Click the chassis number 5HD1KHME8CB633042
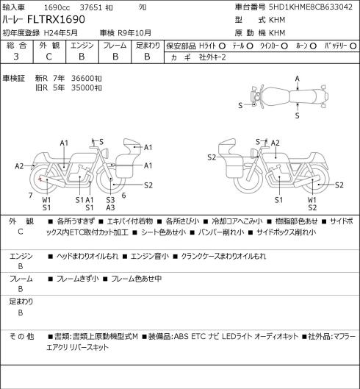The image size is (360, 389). pyautogui.click(x=311, y=7)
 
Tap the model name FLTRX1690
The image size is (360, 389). pyautogui.click(x=56, y=19)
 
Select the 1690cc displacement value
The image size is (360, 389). pyautogui.click(x=57, y=7)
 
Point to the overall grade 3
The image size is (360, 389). pyautogui.click(x=16, y=57)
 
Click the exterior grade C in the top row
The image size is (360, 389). pyautogui.click(x=48, y=57)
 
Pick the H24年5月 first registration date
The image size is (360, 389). pyautogui.click(x=61, y=33)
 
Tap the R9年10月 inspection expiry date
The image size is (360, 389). pyautogui.click(x=134, y=33)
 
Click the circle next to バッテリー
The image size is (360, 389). pyautogui.click(x=353, y=46)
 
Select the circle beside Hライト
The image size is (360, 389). pyautogui.click(x=222, y=46)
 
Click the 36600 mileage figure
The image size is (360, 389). pyautogui.click(x=82, y=79)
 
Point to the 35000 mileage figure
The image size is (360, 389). pyautogui.click(x=82, y=88)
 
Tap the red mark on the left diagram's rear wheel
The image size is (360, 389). pyautogui.click(x=40, y=179)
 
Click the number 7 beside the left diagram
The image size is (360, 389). pyautogui.click(x=31, y=196)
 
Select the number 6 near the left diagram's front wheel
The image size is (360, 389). pyautogui.click(x=123, y=196)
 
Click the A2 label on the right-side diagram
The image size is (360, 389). pyautogui.click(x=276, y=143)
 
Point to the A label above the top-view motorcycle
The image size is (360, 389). pyautogui.click(x=298, y=79)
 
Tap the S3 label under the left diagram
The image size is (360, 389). pyautogui.click(x=111, y=200)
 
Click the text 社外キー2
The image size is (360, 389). pyautogui.click(x=212, y=57)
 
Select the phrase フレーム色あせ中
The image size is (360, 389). pyautogui.click(x=137, y=279)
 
